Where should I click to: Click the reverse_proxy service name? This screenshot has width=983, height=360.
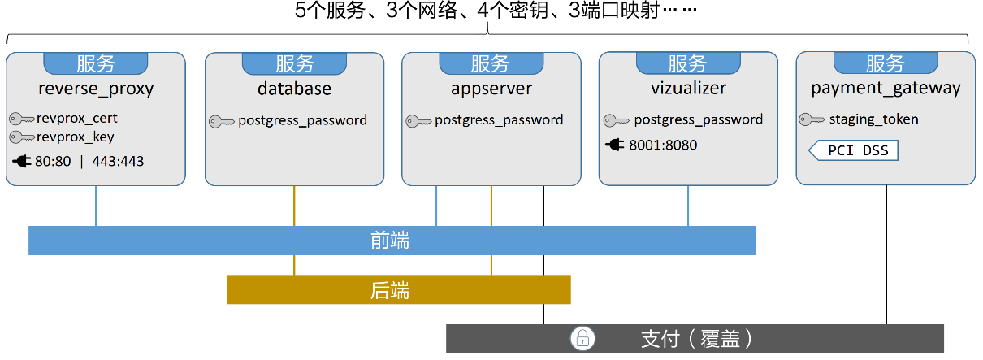96,89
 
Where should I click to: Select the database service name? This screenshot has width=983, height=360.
293,89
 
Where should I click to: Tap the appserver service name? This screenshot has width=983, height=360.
491,89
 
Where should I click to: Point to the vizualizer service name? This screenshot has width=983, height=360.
688,89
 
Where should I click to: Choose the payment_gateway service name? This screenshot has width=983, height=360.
886,89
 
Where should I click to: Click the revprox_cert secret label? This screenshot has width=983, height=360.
77,118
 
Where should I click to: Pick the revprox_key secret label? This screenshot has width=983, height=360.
75,137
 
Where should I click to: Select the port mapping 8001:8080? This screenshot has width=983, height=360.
663,145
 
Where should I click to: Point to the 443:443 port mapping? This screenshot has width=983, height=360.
118,161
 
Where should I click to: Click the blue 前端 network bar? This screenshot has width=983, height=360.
392,241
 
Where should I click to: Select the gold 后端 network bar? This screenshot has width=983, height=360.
398,290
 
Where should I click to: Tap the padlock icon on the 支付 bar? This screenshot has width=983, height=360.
582,338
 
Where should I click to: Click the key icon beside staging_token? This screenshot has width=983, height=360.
812,119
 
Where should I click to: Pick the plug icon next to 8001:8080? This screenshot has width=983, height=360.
615,145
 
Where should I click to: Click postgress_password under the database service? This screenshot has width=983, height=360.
302,120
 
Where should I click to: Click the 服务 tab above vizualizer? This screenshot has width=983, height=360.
688,63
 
